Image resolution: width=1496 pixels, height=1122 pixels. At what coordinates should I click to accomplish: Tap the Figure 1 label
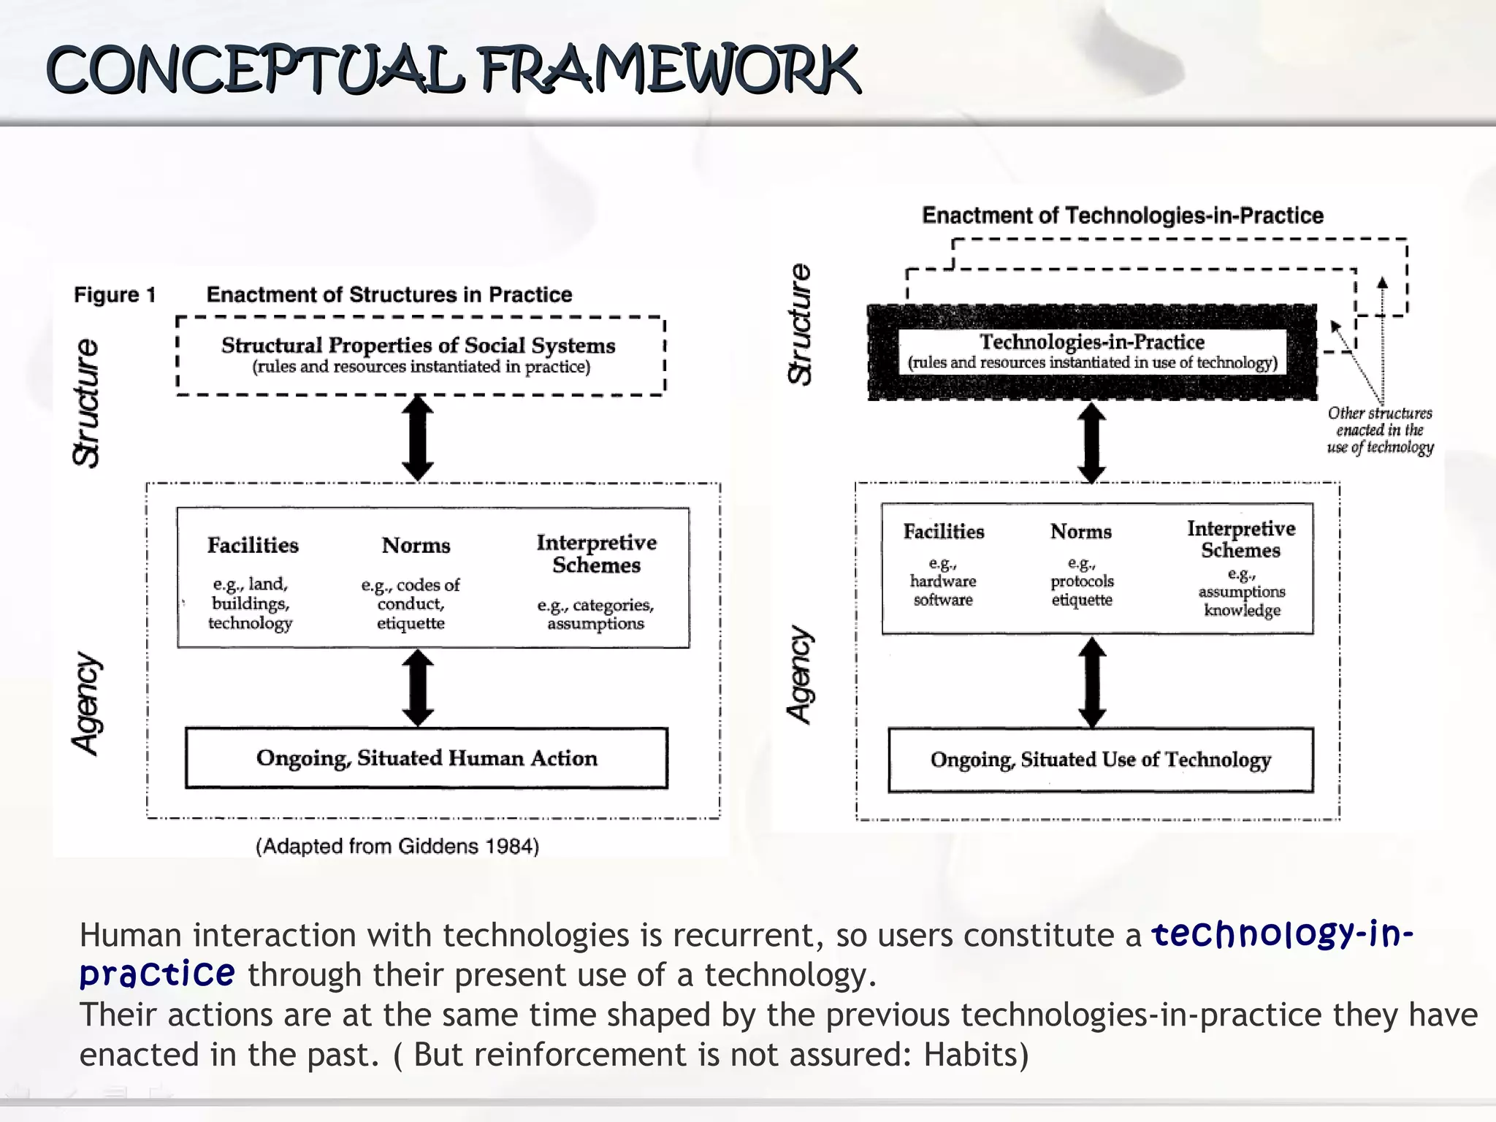tap(115, 294)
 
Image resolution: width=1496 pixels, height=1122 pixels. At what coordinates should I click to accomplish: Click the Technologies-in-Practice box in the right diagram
tap(1091, 351)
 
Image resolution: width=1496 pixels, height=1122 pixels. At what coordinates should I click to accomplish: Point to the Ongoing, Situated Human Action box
tap(426, 758)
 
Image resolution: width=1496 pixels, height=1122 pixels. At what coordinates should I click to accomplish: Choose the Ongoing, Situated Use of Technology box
tap(1100, 760)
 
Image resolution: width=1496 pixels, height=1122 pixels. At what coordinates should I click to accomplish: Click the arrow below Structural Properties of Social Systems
tap(418, 438)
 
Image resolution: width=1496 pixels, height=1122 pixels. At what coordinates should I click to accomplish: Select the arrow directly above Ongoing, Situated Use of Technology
tap(1092, 682)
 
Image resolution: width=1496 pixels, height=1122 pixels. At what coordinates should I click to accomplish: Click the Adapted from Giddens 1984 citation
tap(397, 846)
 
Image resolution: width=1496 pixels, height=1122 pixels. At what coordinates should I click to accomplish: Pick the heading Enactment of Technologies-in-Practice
tap(1122, 215)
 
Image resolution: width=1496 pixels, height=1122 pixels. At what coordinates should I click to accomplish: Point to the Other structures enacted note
tap(1380, 430)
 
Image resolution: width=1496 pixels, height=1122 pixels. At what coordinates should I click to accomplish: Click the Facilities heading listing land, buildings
tap(253, 545)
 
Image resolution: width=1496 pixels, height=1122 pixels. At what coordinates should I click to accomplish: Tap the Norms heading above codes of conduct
tap(416, 546)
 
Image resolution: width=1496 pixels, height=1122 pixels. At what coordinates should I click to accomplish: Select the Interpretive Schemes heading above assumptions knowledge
tap(1240, 539)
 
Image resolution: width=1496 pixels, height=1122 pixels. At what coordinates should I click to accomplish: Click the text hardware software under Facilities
tap(943, 590)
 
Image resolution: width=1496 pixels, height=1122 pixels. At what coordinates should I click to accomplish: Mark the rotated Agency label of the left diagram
tap(87, 703)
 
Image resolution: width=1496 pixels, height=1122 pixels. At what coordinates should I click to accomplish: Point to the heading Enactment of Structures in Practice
tap(389, 294)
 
